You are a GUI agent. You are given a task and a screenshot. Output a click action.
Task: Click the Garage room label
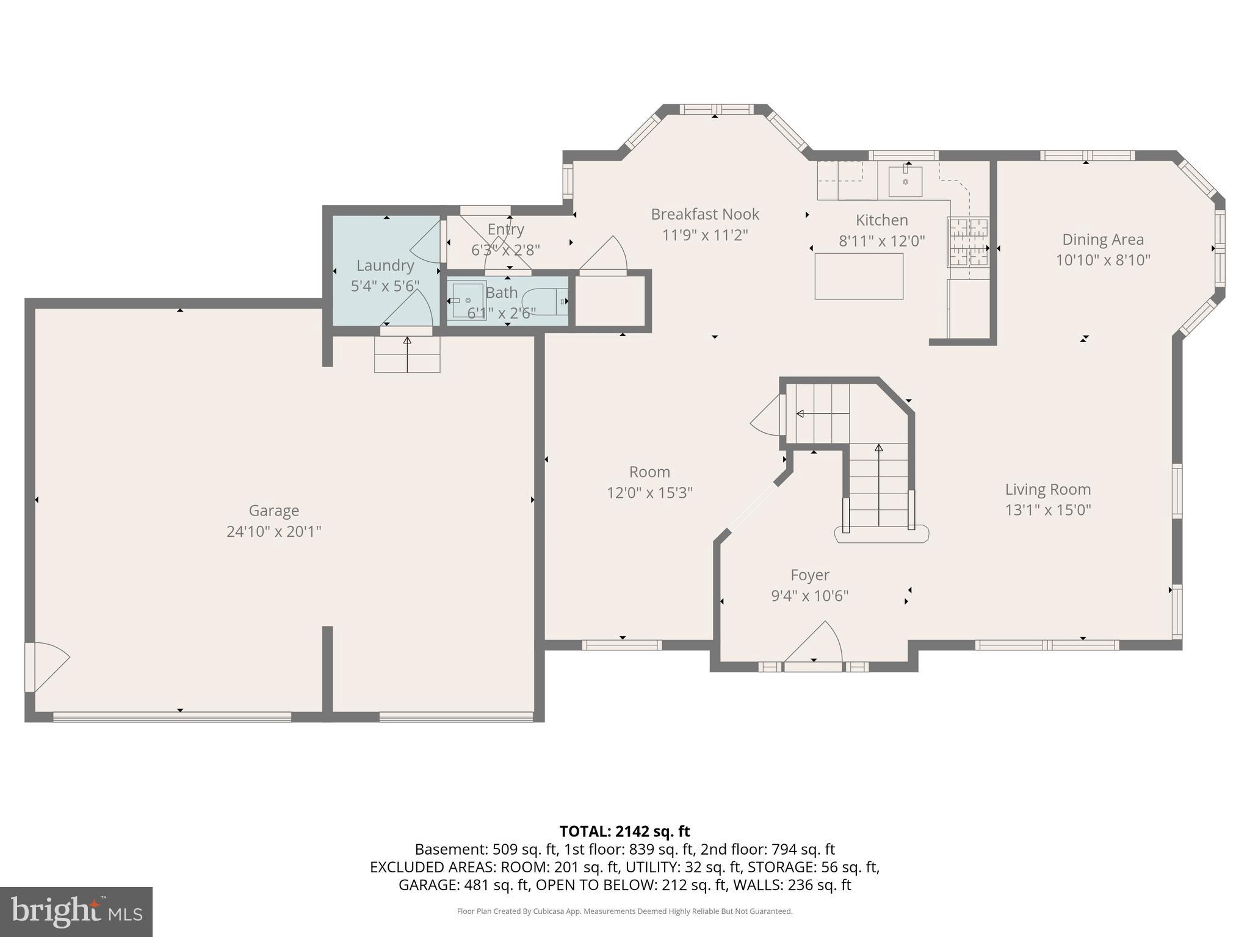pyautogui.click(x=273, y=511)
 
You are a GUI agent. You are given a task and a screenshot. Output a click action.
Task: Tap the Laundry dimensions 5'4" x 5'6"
pyautogui.click(x=385, y=286)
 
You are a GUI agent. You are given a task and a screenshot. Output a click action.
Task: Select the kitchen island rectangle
pyautogui.click(x=859, y=276)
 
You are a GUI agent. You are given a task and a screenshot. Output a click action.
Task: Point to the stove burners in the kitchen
pyautogui.click(x=968, y=242)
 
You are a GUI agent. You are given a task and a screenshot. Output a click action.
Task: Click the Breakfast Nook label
pyautogui.click(x=705, y=214)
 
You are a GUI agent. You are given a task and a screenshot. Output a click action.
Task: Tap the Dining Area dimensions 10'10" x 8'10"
pyautogui.click(x=1103, y=260)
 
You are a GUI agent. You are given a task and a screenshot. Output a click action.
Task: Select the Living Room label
pyautogui.click(x=1048, y=489)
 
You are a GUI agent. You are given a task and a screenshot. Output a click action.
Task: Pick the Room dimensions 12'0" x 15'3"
pyautogui.click(x=649, y=493)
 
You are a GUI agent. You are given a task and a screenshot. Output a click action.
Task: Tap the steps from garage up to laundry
pyautogui.click(x=407, y=355)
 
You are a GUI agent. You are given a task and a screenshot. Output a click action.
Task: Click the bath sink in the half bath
pyautogui.click(x=468, y=300)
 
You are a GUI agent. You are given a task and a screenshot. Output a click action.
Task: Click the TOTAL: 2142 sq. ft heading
pyautogui.click(x=624, y=831)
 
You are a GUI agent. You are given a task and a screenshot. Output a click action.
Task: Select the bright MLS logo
pyautogui.click(x=76, y=912)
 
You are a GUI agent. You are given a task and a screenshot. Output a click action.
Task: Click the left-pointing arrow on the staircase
pyautogui.click(x=822, y=414)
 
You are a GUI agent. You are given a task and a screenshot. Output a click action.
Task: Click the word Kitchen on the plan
pyautogui.click(x=881, y=220)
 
